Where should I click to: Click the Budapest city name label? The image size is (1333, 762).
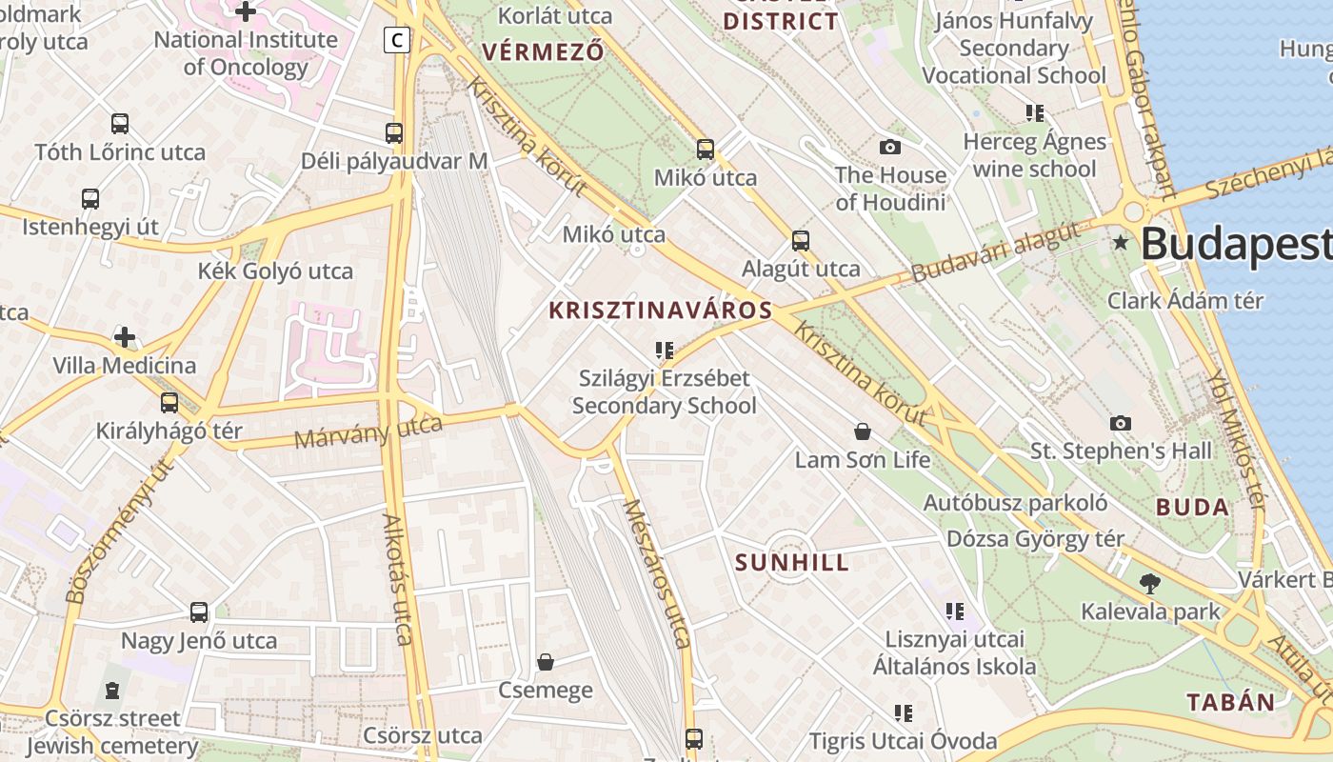pos(1236,244)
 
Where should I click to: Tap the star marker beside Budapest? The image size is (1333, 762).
pos(1122,243)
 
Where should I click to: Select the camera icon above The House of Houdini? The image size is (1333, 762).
pos(890,147)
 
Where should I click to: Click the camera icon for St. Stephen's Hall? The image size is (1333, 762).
pos(1121,423)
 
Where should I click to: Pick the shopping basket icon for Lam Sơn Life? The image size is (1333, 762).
pos(863,432)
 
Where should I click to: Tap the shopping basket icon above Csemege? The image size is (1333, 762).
pos(546,662)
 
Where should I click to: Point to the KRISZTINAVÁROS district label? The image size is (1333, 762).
pos(660,311)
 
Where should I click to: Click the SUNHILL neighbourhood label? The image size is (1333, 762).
pos(792,562)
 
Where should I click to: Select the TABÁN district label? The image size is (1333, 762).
pos(1230,703)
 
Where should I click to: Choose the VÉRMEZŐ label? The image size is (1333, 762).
pos(543,51)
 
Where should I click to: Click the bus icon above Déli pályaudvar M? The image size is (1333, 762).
pos(394,133)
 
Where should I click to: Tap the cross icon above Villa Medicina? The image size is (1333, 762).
pos(125,337)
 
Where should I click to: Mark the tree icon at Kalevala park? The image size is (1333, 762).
pos(1150,584)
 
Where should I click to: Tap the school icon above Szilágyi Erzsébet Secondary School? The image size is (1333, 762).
pos(665,351)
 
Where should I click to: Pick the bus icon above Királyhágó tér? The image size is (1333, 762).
pos(169,403)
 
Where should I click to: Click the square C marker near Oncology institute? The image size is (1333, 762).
pos(397,40)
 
